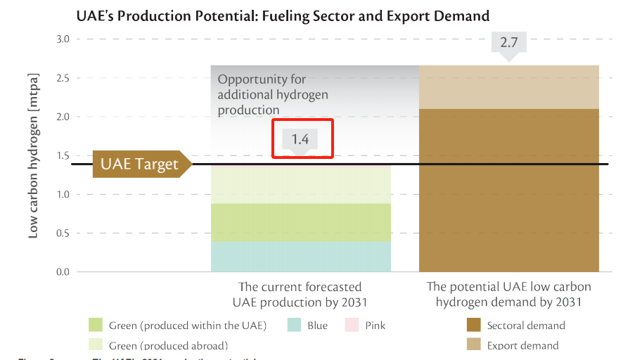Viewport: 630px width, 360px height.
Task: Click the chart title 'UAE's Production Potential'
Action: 282,15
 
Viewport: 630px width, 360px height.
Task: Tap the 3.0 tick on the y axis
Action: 63,39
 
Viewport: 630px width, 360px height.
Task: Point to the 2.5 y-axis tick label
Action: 63,78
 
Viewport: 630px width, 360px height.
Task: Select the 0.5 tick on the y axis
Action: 63,233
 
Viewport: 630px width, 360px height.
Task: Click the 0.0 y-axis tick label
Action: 63,272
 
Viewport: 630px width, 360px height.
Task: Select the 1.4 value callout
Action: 300,139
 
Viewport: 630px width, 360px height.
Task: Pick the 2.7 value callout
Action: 508,44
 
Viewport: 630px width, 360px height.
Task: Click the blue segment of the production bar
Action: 301,257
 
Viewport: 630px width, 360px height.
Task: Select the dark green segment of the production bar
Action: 301,222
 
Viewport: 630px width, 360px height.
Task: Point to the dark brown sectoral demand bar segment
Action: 509,190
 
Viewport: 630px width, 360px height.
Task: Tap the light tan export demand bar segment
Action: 509,87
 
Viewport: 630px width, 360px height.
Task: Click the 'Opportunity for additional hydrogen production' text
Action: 273,95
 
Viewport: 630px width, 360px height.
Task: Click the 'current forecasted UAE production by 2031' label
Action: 300,295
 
